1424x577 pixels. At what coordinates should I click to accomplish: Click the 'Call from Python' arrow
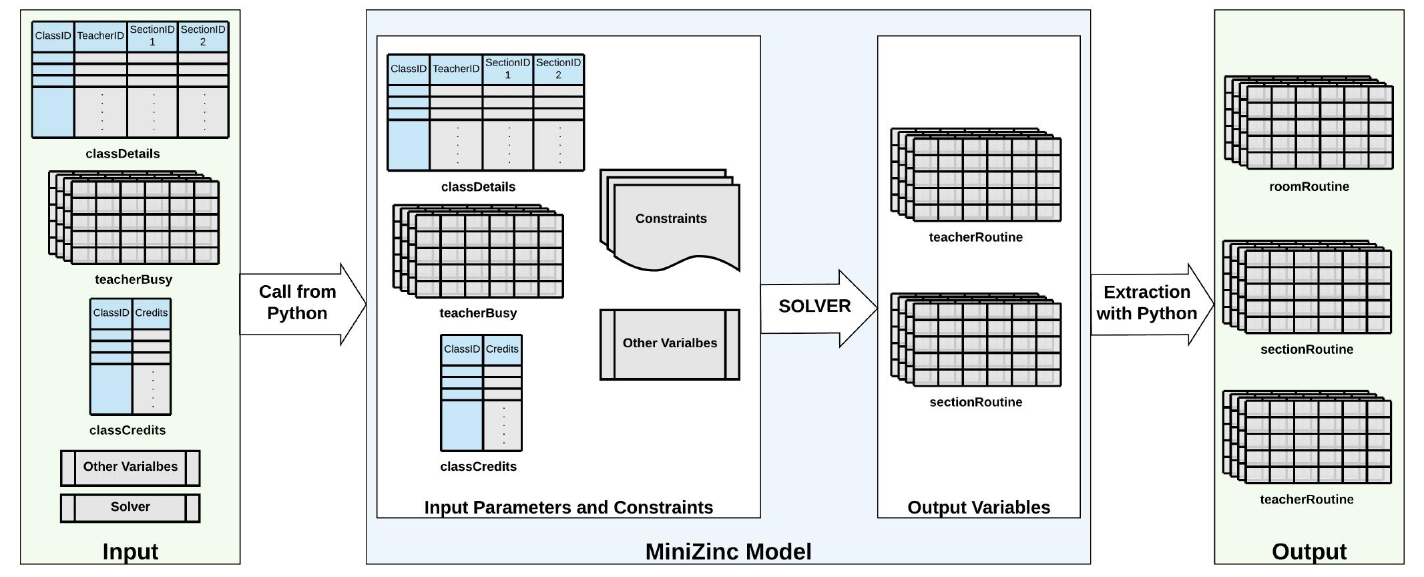pyautogui.click(x=298, y=303)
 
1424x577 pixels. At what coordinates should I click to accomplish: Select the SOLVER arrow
pyautogui.click(x=814, y=307)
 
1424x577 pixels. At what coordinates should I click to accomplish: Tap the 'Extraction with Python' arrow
pyautogui.click(x=1147, y=303)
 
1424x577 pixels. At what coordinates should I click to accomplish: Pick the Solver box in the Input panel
pyautogui.click(x=130, y=507)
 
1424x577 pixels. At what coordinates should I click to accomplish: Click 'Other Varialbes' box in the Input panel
pyautogui.click(x=130, y=467)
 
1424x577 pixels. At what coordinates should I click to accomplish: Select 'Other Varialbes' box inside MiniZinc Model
pyautogui.click(x=670, y=343)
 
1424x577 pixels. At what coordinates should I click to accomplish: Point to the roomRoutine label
pyautogui.click(x=1309, y=187)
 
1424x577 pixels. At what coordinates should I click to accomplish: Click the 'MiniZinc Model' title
pyautogui.click(x=728, y=552)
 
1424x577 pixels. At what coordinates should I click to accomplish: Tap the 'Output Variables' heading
pyautogui.click(x=978, y=508)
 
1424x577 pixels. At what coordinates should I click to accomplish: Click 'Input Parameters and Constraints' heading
pyautogui.click(x=568, y=508)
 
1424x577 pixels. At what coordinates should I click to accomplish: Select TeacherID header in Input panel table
pyautogui.click(x=100, y=36)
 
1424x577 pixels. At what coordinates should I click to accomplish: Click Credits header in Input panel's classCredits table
pyautogui.click(x=152, y=313)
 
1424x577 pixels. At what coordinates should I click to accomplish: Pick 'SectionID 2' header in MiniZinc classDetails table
pyautogui.click(x=558, y=69)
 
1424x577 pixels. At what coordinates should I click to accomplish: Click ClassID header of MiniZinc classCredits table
pyautogui.click(x=461, y=349)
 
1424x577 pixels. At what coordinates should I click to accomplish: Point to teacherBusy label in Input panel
pyautogui.click(x=134, y=280)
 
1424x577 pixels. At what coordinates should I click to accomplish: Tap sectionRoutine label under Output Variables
pyautogui.click(x=975, y=402)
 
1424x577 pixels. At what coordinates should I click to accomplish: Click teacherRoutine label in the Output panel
pyautogui.click(x=1307, y=500)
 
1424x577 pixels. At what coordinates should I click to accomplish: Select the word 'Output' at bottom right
pyautogui.click(x=1309, y=552)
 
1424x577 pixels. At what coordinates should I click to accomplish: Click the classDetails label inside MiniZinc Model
pyautogui.click(x=478, y=187)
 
